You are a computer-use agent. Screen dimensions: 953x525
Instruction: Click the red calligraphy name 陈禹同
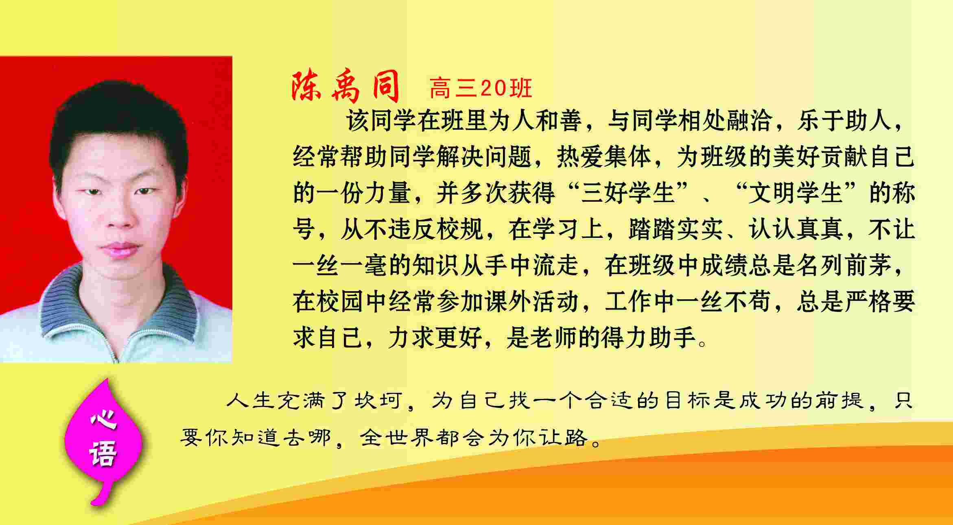345,87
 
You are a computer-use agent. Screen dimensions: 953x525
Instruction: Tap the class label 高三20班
481,88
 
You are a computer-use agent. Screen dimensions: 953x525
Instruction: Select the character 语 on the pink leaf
103,453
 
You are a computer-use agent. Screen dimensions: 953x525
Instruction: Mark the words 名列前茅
844,266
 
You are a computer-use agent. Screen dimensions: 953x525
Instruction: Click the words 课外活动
532,302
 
